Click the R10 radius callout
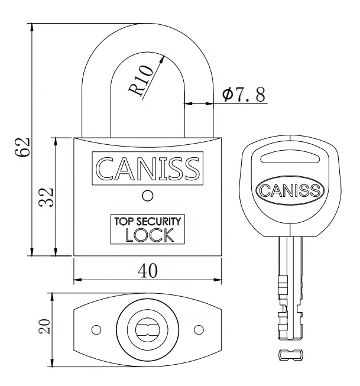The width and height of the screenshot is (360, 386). [141, 80]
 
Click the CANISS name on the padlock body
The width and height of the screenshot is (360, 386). [148, 168]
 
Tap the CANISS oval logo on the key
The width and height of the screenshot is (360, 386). [290, 190]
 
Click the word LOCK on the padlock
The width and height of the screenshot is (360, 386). [150, 235]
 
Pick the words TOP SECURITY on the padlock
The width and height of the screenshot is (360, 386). [148, 222]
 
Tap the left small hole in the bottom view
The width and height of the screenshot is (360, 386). [95, 329]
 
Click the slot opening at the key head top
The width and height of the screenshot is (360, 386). [290, 157]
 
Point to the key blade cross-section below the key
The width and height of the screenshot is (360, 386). [290, 354]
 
